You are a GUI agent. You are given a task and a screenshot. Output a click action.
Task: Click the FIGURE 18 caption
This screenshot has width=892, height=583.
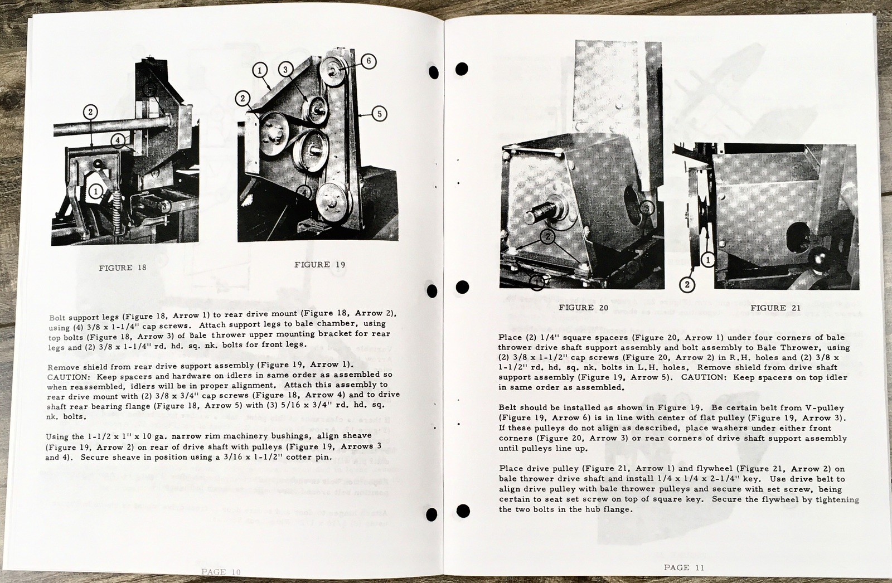123,268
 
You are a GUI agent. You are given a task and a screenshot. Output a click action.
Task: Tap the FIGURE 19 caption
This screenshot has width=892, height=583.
319,264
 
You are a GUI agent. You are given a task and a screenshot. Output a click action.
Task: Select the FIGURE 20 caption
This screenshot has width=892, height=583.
584,307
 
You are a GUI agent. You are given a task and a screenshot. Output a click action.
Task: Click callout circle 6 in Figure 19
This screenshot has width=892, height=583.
368,62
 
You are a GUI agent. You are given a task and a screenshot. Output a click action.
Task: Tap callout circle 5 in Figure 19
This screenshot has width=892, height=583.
379,114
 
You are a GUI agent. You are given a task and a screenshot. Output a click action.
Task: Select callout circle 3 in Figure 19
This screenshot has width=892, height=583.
285,70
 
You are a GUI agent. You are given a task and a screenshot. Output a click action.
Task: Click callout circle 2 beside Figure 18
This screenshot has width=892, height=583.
90,111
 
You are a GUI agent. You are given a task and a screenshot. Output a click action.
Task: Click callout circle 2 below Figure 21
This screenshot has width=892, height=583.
687,285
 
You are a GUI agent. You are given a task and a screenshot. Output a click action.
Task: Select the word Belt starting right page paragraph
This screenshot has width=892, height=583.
509,408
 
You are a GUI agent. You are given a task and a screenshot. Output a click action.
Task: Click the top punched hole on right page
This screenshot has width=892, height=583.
462,69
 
